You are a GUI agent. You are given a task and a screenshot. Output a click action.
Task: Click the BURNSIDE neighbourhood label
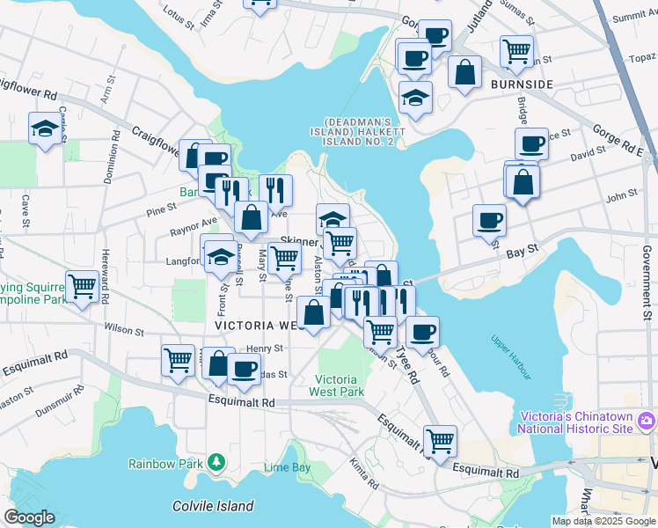coord(523,84)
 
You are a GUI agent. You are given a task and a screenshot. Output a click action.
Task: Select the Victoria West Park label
coord(340,385)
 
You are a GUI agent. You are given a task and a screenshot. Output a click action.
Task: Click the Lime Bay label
coord(287,467)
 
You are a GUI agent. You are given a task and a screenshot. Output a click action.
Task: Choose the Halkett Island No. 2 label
coord(364,131)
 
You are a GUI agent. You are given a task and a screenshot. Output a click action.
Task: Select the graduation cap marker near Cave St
coord(45,129)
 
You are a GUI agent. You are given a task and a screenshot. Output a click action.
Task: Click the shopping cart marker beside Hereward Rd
coord(82,285)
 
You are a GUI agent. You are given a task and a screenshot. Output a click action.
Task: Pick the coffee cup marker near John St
coord(489,219)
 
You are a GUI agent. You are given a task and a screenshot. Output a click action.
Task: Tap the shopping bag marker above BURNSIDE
coord(464,72)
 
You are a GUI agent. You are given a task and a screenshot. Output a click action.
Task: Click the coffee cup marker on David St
coord(531,143)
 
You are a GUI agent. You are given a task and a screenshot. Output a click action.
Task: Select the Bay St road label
coord(523,252)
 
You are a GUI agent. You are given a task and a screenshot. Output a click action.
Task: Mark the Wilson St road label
coord(123,331)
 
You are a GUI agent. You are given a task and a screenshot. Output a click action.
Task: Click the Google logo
coord(29,517)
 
